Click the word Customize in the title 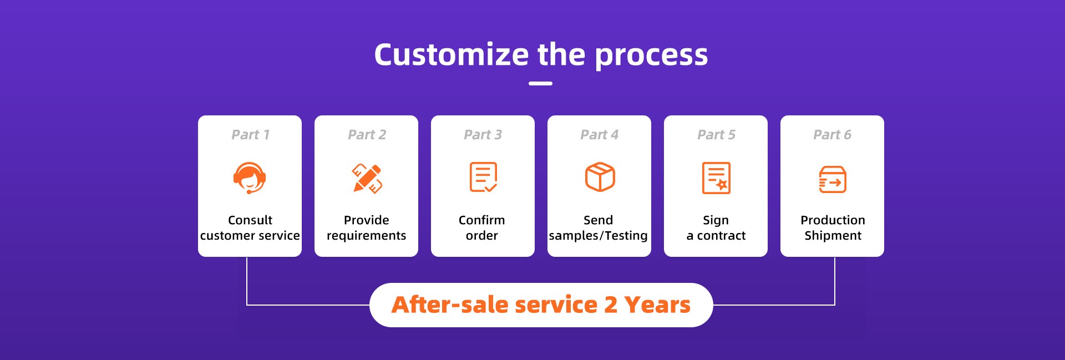coord(452,55)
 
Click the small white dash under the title coord(540,83)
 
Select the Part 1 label coord(250,135)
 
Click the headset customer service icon coord(250,178)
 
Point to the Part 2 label coord(367,135)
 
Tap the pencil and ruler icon coord(367,178)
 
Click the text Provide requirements coord(366,227)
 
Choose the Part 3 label coord(483,135)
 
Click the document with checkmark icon coord(483,177)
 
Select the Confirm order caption coord(481,227)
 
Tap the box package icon coord(600,177)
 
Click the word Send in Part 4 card coord(598,220)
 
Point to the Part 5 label coord(716,135)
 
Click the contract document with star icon coord(716,178)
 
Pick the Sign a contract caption coord(716,228)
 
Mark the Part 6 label coord(832,135)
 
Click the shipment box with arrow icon coord(833,180)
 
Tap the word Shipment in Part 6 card coord(833,236)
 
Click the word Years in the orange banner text coord(657,305)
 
